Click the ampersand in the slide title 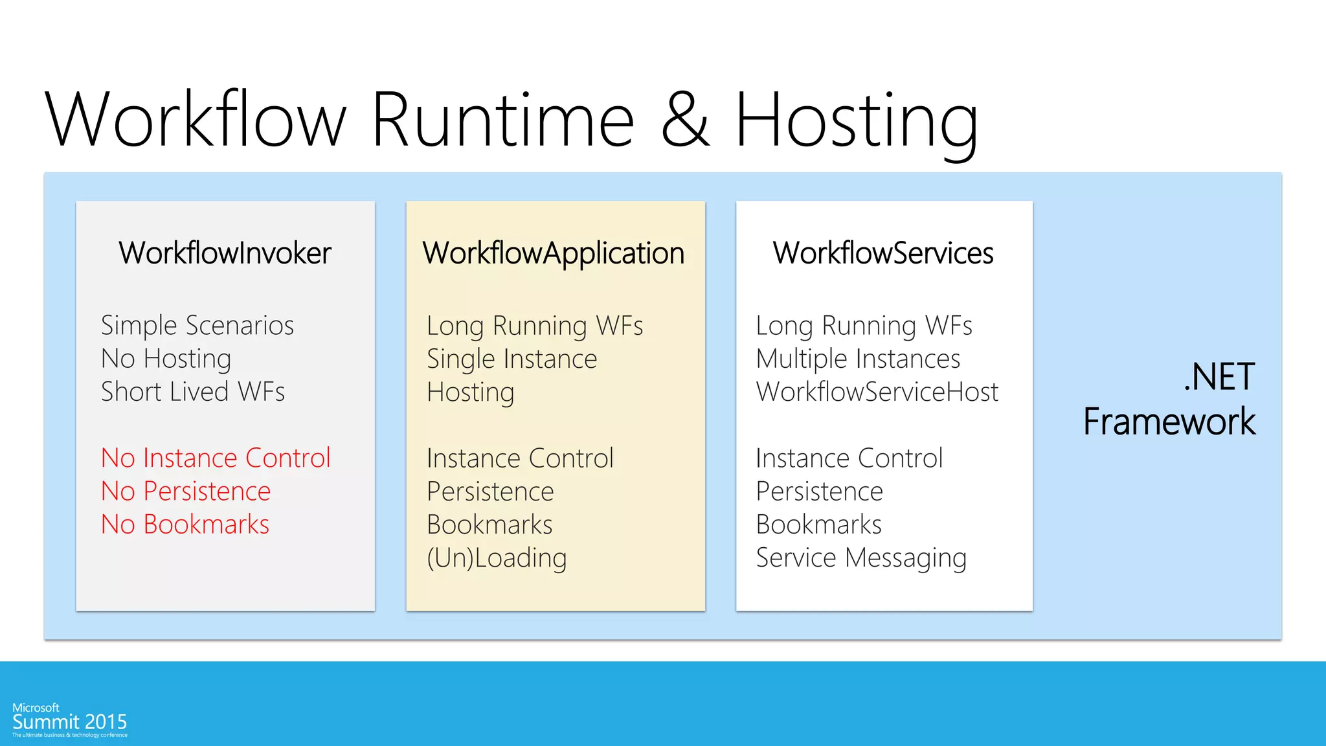[685, 120]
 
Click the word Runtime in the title [503, 120]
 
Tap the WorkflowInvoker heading [225, 253]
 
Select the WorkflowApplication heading [554, 253]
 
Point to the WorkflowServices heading [883, 253]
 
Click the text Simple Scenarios [197, 325]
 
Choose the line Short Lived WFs [193, 392]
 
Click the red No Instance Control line [216, 458]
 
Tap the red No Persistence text [186, 491]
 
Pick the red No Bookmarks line [185, 524]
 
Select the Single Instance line [511, 359]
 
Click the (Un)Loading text [497, 558]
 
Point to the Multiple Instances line [858, 359]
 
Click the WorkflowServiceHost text [877, 392]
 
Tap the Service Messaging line [861, 558]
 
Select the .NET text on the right [1219, 377]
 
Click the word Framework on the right [1169, 422]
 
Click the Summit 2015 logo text [70, 721]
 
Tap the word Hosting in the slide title [856, 120]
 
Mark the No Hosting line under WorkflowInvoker [166, 359]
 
